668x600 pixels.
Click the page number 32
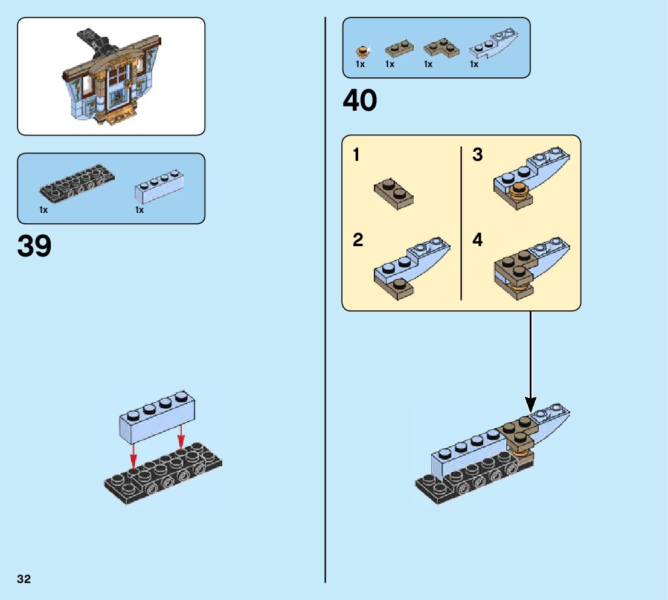[x=24, y=579]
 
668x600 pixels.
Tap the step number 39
[x=34, y=246]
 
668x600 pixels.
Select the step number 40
[x=359, y=100]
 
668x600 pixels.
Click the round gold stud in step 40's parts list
[x=362, y=52]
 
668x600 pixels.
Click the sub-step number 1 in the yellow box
[x=356, y=155]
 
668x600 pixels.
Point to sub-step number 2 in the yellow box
[x=358, y=240]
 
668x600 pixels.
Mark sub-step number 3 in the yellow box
[x=478, y=155]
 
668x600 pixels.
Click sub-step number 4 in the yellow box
[x=478, y=240]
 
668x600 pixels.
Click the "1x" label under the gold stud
[x=361, y=64]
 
